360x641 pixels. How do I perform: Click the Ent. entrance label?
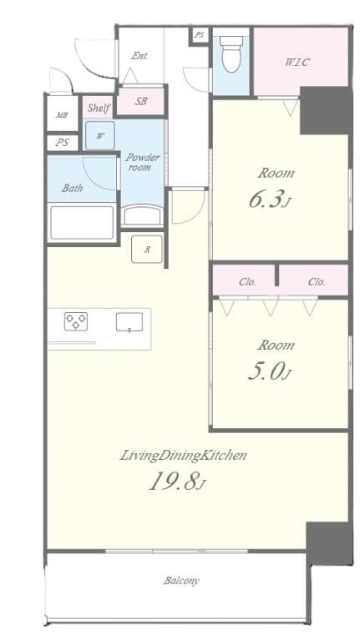tap(139, 56)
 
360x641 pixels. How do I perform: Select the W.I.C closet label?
tap(297, 63)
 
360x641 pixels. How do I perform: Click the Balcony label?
tap(181, 581)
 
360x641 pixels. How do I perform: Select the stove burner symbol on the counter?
tap(76, 321)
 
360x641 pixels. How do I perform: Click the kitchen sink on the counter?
tap(129, 321)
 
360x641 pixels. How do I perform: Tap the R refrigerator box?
tap(147, 249)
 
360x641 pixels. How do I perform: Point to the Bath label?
tap(72, 188)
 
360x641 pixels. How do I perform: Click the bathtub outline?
tap(82, 223)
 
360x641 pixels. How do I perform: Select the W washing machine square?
tap(99, 136)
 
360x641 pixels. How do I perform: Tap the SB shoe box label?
tap(141, 102)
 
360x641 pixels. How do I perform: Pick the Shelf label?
tap(99, 108)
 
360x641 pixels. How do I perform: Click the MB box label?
tap(62, 115)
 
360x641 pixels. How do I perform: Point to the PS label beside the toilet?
tap(199, 35)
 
